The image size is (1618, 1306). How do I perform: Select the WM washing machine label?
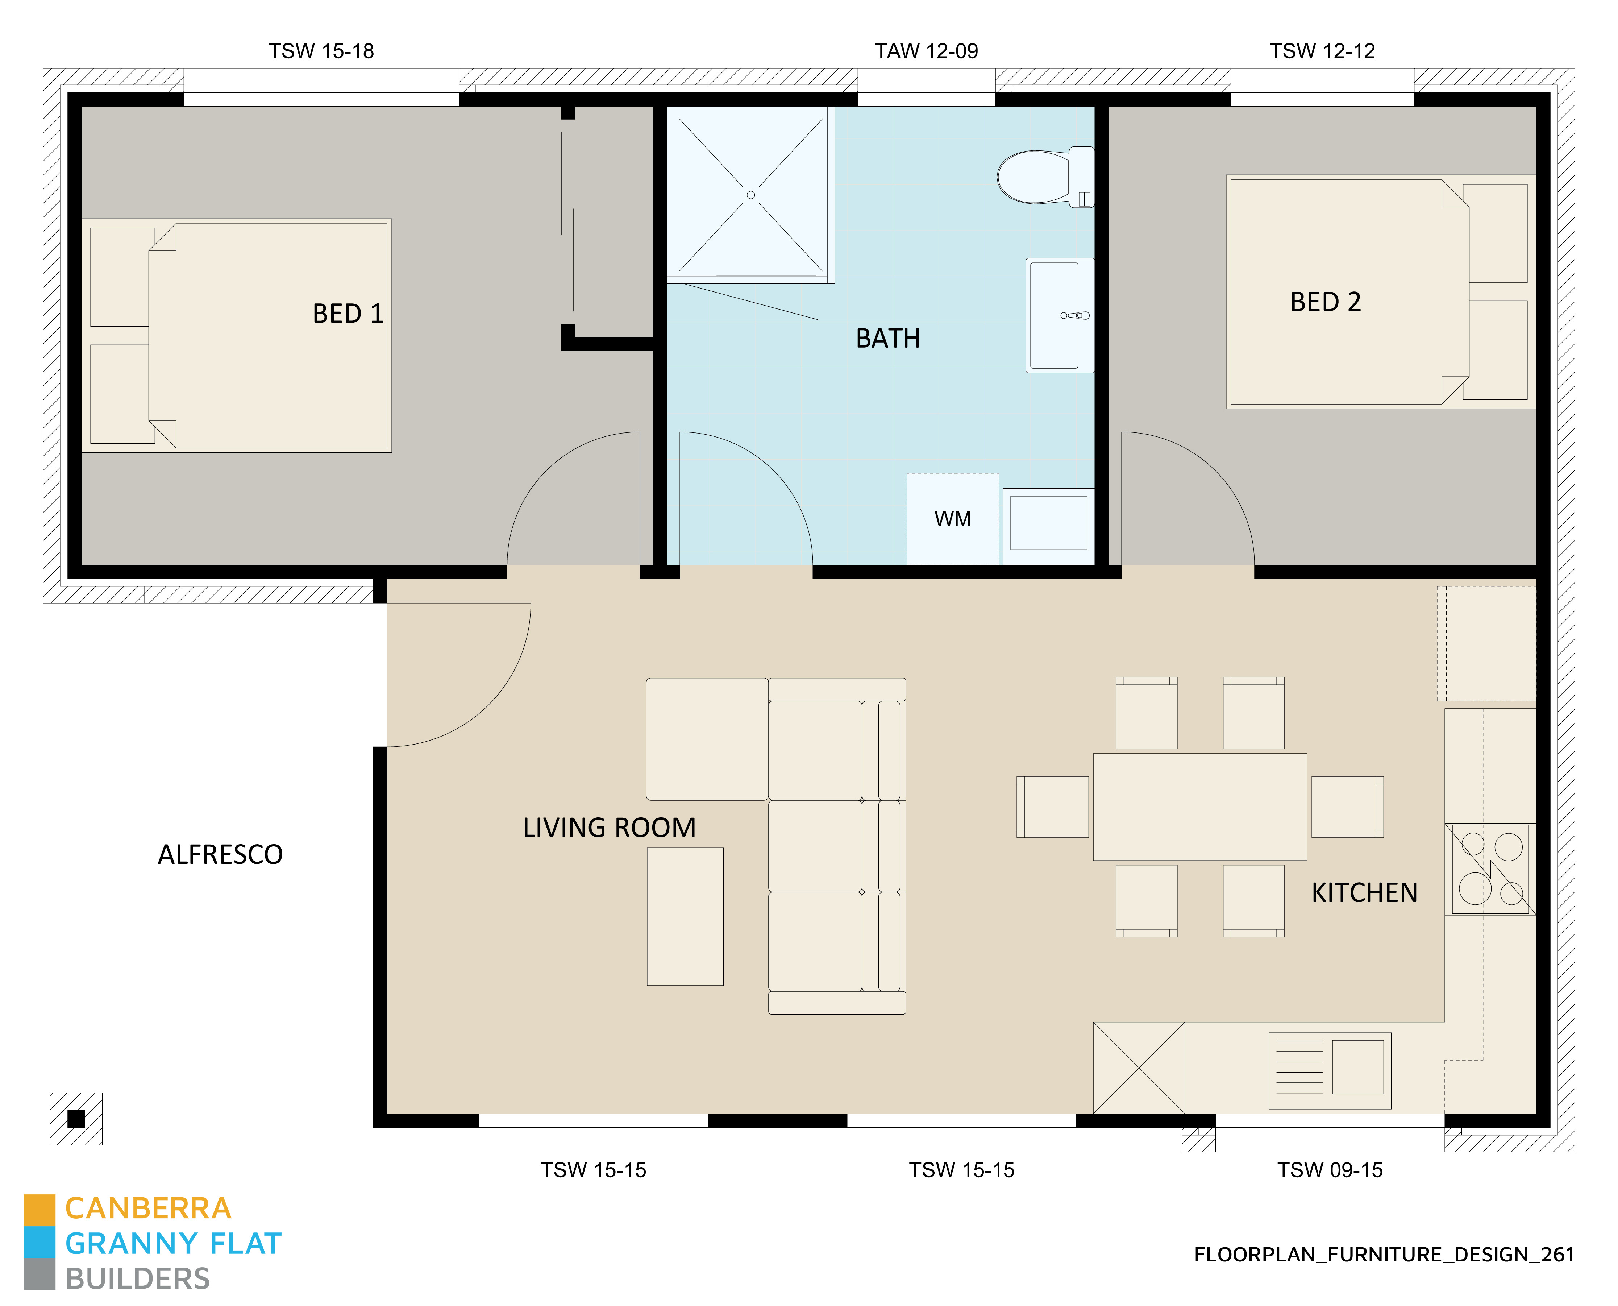[952, 518]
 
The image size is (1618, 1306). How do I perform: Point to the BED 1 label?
[348, 314]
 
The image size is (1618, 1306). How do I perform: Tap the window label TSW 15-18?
[321, 51]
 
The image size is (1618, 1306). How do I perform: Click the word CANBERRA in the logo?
[148, 1208]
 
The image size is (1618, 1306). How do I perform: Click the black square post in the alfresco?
[76, 1119]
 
